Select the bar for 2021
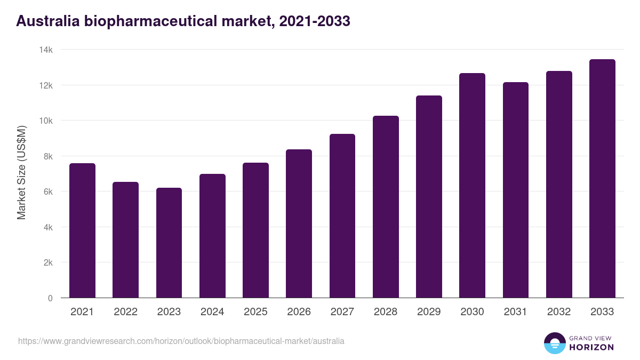click(82, 230)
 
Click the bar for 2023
click(169, 243)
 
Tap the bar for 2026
click(299, 224)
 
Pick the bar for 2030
click(472, 186)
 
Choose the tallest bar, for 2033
click(602, 179)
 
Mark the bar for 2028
click(386, 207)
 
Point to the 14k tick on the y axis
click(46, 50)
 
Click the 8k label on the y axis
click(47, 156)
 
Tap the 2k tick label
click(47, 263)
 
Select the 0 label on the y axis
click(50, 298)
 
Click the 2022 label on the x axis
click(125, 312)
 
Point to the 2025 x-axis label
click(255, 312)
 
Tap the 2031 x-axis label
click(515, 312)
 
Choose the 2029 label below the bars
click(429, 312)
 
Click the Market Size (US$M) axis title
click(21, 173)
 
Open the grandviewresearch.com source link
click(181, 341)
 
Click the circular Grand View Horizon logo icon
click(554, 343)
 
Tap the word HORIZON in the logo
click(591, 347)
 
